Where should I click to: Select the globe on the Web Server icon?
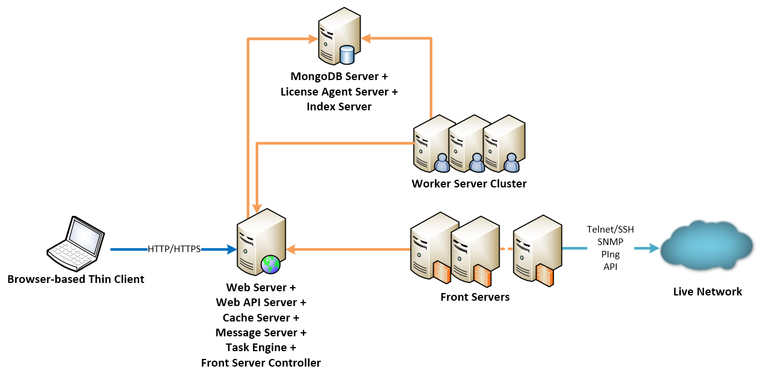click(x=270, y=265)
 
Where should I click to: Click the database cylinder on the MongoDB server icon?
click(x=347, y=55)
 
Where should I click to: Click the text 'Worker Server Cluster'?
click(x=469, y=184)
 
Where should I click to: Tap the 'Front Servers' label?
click(x=475, y=297)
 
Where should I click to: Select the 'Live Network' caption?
click(x=707, y=292)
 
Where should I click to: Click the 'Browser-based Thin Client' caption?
click(x=75, y=279)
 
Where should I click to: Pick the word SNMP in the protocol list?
click(x=610, y=242)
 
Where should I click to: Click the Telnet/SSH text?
click(x=610, y=230)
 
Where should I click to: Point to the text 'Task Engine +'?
click(x=261, y=348)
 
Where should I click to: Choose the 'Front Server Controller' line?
click(x=261, y=363)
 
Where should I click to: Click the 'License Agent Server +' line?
click(x=339, y=92)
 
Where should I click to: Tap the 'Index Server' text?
click(x=339, y=107)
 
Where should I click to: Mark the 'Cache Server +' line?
click(x=261, y=318)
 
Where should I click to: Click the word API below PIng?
click(x=610, y=267)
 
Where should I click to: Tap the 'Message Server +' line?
click(x=261, y=333)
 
